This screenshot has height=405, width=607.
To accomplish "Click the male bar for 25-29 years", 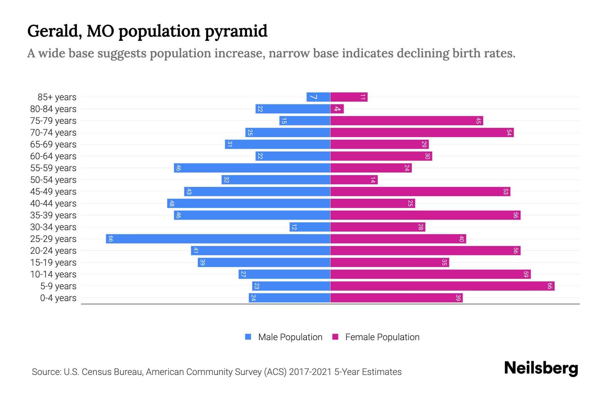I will pyautogui.click(x=218, y=239).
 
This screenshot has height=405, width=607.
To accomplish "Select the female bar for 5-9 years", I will pyautogui.click(x=442, y=286).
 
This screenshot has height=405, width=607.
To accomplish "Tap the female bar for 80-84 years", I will pyautogui.click(x=337, y=109).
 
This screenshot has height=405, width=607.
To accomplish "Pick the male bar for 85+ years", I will pyautogui.click(x=318, y=97).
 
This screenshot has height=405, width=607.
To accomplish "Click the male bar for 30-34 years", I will pyautogui.click(x=310, y=227).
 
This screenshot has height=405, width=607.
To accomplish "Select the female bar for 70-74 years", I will pyautogui.click(x=422, y=133).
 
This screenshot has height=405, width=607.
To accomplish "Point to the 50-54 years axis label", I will pyautogui.click(x=53, y=180).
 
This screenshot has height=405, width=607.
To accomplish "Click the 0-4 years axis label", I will pyautogui.click(x=58, y=298).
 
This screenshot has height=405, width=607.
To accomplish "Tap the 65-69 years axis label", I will pyautogui.click(x=53, y=144).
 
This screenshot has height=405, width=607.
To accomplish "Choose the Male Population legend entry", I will pyautogui.click(x=290, y=337).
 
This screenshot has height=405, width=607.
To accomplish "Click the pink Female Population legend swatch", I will pyautogui.click(x=335, y=337).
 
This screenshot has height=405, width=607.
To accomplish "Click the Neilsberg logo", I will pyautogui.click(x=541, y=368).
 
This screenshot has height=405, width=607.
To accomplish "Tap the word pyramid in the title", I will pyautogui.click(x=236, y=31).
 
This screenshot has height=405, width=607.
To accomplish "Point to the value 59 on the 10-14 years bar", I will pyautogui.click(x=526, y=274).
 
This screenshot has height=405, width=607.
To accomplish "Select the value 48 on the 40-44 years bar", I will pyautogui.click(x=172, y=204).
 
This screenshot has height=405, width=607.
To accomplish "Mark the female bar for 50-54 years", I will pyautogui.click(x=354, y=180).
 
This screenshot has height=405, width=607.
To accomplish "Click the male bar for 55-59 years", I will pyautogui.click(x=252, y=168).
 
